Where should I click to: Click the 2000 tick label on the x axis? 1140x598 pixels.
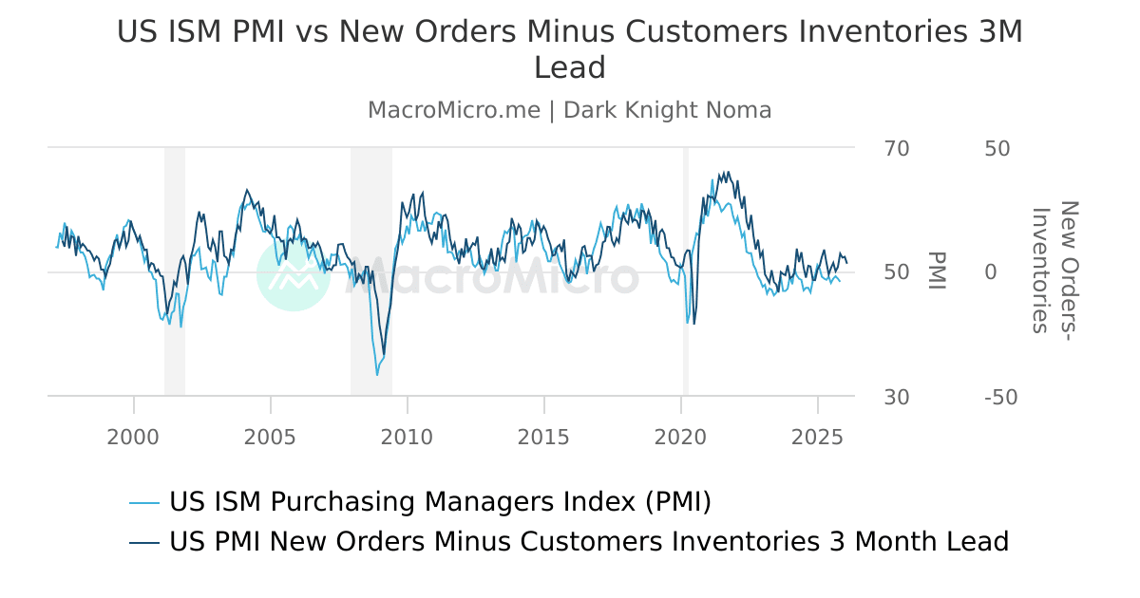(x=134, y=437)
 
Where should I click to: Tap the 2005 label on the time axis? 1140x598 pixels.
(x=271, y=437)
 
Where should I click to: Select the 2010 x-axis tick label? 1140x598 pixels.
(x=408, y=437)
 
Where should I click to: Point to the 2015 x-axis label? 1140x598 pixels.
(x=544, y=437)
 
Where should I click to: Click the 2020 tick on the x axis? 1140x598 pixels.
(x=681, y=437)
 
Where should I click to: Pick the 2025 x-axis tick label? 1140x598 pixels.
(x=818, y=437)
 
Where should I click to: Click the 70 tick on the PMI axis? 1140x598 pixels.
(x=897, y=149)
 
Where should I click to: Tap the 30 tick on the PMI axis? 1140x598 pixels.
(x=897, y=397)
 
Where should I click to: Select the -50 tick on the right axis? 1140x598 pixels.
(x=1001, y=397)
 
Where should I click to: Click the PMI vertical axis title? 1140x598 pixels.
(x=937, y=271)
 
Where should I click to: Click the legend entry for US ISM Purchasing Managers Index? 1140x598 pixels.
(x=440, y=501)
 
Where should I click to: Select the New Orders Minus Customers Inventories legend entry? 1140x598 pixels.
(x=588, y=542)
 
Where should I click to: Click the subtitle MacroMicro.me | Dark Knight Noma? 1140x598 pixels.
(x=570, y=110)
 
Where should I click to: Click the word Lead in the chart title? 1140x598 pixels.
(x=570, y=68)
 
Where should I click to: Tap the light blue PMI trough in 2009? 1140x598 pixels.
(x=377, y=374)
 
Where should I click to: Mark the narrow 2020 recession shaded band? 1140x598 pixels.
(x=685, y=271)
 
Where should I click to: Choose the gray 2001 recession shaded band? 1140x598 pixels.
(x=175, y=271)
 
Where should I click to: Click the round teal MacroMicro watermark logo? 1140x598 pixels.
(x=294, y=274)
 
